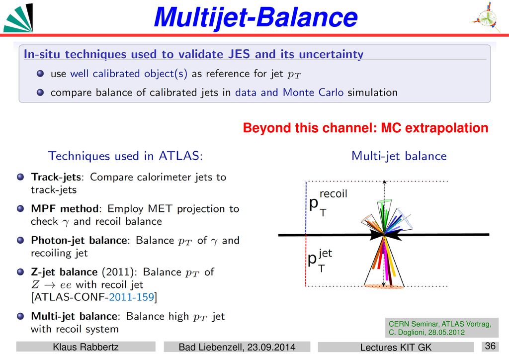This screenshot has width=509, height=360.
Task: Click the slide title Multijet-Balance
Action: (x=256, y=17)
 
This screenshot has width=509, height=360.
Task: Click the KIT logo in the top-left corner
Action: (x=18, y=18)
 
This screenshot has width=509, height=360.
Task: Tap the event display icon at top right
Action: (x=486, y=17)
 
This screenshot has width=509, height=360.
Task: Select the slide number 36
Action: (x=490, y=346)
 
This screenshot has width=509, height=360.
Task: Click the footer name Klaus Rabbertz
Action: (x=85, y=347)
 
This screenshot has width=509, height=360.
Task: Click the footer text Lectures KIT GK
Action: (x=396, y=348)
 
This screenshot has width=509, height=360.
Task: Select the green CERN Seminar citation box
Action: (x=442, y=328)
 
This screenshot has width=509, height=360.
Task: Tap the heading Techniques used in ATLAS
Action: (x=125, y=156)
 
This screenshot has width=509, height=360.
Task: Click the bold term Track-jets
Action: (x=56, y=177)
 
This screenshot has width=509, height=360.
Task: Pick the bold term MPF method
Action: (x=65, y=208)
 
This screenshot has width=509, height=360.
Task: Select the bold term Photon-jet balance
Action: (x=79, y=240)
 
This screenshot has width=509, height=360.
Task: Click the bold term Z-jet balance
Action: (x=64, y=271)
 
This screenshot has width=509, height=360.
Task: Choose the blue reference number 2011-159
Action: (x=131, y=297)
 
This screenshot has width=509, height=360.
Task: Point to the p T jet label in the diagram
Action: (x=320, y=261)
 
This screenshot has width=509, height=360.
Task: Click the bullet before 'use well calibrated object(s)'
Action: (x=40, y=74)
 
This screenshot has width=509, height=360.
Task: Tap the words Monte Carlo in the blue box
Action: (x=313, y=92)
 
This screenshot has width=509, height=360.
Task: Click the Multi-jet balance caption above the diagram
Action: (x=399, y=156)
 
